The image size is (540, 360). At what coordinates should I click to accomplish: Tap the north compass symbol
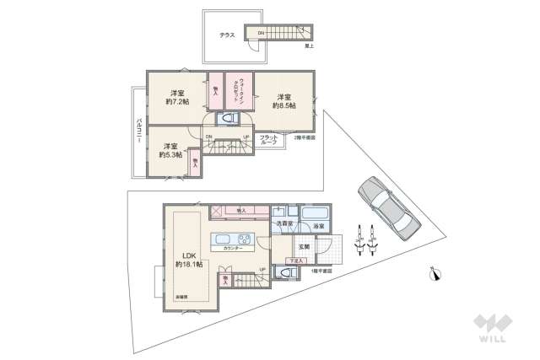point(435,273)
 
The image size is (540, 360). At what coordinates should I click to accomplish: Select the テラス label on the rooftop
point(227,35)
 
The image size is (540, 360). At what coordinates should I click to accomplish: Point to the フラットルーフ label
point(268,140)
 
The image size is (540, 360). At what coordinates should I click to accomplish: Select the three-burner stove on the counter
point(244,237)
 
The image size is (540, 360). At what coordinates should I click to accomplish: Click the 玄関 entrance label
point(304,246)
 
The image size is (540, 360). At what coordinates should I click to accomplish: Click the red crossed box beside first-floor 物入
point(216,211)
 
